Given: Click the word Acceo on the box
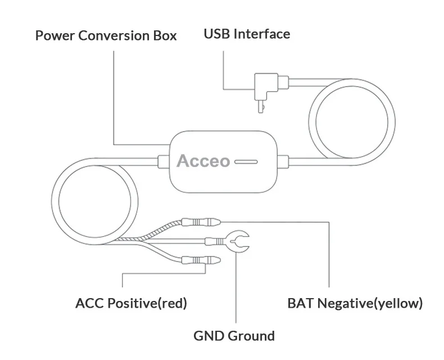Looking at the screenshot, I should (x=203, y=161).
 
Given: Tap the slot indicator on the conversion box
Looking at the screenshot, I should (x=246, y=161).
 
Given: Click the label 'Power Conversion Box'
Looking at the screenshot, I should (x=106, y=35).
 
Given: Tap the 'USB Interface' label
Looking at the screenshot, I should (x=247, y=34).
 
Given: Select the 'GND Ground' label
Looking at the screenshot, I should (x=234, y=336).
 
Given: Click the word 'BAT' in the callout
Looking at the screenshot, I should (x=301, y=304).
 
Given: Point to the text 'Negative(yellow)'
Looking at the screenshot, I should (x=370, y=304).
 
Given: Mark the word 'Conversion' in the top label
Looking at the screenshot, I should (x=111, y=35).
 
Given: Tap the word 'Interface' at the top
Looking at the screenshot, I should (x=262, y=34).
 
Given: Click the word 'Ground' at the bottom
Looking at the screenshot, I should (x=251, y=336).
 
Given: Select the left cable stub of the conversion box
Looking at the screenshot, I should (x=163, y=161).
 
